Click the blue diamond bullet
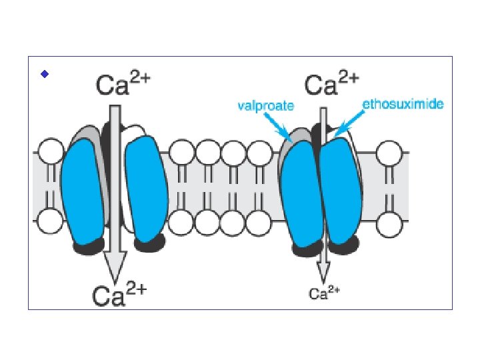point(44,74)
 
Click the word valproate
point(265,105)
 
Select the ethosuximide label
point(403,104)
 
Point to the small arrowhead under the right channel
point(323,271)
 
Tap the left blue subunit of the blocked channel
point(299,196)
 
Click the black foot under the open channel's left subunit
point(88,246)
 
